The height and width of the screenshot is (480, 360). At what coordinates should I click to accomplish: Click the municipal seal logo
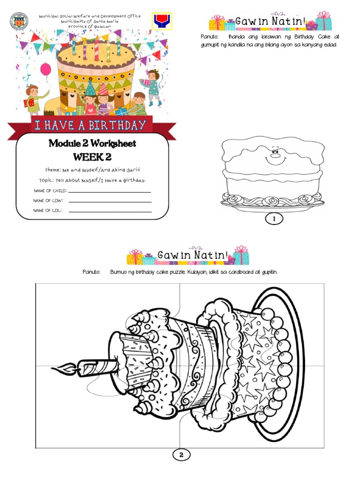(x=19, y=21)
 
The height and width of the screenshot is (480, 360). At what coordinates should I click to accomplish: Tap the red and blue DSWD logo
(x=162, y=21)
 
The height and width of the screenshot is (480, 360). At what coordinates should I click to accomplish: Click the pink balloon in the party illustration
(x=45, y=69)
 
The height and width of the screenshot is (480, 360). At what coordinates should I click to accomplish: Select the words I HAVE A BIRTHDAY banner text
(x=90, y=126)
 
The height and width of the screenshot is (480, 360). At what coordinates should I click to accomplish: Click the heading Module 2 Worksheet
(x=92, y=143)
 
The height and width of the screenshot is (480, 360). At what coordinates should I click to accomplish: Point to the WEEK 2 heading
(x=92, y=157)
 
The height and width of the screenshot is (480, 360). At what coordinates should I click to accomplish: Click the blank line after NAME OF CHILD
(x=110, y=192)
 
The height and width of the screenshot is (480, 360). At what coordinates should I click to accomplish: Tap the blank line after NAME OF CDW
(x=110, y=202)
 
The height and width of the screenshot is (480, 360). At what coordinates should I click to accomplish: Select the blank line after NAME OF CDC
(x=110, y=212)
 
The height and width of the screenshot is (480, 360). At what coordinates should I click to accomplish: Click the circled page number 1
(x=274, y=218)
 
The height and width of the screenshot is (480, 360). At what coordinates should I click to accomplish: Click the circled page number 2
(x=181, y=455)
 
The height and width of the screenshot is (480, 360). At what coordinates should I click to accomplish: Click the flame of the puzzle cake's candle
(x=64, y=369)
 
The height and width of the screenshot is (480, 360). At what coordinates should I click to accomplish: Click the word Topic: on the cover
(x=46, y=180)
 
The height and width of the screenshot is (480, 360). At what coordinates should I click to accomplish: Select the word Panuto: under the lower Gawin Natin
(x=91, y=272)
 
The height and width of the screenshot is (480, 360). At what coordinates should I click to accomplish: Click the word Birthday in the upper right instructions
(x=304, y=37)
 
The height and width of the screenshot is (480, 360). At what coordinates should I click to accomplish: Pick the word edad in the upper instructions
(x=330, y=45)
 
